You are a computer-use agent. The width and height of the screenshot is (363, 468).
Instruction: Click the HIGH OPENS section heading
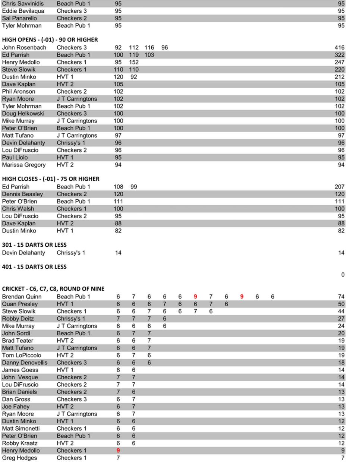pos(50,39)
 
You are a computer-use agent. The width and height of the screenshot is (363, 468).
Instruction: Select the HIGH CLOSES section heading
pos(50,179)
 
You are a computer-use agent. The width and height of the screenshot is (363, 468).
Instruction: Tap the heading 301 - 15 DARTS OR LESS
pos(34,245)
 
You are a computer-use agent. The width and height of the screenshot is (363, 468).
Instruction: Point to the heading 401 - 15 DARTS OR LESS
pos(34,267)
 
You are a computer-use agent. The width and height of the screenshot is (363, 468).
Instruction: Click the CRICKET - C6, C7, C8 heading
pos(53,289)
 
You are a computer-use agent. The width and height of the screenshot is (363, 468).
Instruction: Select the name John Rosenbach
pos(24,47)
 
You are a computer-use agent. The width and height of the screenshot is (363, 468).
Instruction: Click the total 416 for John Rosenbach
pos(339,47)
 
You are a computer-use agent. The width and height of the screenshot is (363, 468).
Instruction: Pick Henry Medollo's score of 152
pos(133,62)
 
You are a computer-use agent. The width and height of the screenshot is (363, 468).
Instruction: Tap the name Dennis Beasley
pos(22,194)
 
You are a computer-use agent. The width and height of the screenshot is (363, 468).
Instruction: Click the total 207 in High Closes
pos(339,187)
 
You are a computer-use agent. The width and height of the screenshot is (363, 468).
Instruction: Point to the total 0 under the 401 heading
pos(343,275)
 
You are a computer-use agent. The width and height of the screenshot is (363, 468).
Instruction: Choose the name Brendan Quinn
pos(22,297)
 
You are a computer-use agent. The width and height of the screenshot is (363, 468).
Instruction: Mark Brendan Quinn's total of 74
pos(341,297)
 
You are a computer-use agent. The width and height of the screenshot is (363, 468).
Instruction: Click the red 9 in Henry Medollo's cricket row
pos(118,450)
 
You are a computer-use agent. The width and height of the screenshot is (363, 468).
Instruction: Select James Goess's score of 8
pos(118,370)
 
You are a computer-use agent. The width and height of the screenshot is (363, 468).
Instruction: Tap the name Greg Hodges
pos(19,458)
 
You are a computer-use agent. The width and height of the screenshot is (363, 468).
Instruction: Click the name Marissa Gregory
pos(24,165)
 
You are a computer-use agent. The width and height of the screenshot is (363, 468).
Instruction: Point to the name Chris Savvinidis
pos(23,3)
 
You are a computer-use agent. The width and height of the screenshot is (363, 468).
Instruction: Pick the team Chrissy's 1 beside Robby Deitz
pos(71,319)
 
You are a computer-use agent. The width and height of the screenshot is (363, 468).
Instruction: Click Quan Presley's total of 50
pos(341,304)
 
